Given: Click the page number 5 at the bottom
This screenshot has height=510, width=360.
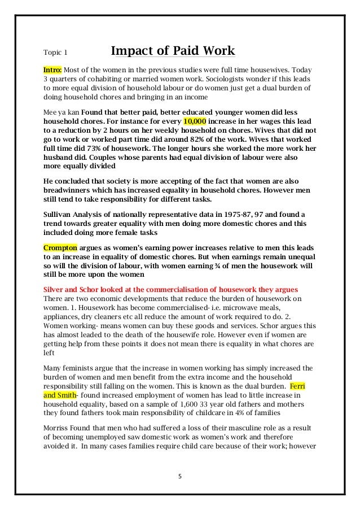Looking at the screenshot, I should point(180,476).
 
